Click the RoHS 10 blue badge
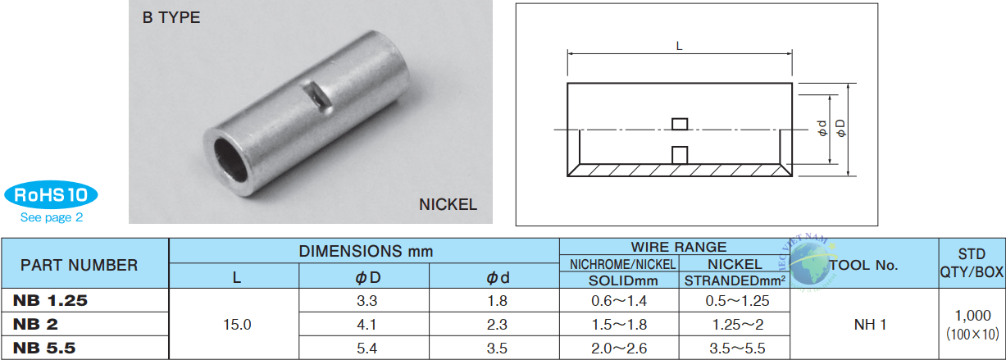51,194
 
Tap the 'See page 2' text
52,217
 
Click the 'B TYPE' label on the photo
171,17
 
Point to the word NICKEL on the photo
448,204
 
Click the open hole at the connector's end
230,160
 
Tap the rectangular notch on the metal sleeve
316,96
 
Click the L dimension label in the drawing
679,46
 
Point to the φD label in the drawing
840,128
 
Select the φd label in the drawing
822,128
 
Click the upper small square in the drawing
680,124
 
